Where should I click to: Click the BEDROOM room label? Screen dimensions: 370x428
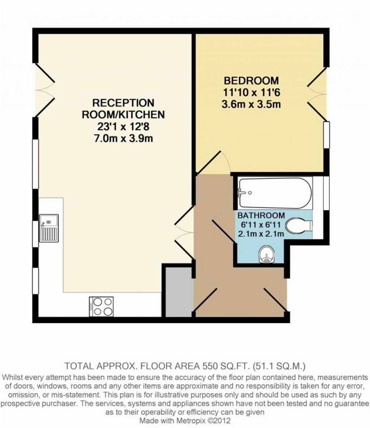(251, 81)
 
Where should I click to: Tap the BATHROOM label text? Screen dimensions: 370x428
(261, 215)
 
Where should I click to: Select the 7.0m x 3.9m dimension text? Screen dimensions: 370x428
(123, 139)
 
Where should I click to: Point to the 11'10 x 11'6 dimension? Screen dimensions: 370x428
(251, 93)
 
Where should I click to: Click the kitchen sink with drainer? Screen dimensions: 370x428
(49, 228)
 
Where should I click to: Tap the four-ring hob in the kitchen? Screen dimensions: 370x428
(101, 306)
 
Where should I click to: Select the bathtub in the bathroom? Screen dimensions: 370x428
(275, 193)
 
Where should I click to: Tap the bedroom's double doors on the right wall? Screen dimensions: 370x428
(317, 94)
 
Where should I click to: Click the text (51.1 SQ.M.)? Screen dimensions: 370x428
(279, 365)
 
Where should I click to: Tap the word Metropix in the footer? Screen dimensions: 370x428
(189, 420)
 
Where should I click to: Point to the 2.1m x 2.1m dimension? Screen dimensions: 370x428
(261, 234)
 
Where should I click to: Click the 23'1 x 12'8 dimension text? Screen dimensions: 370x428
(123, 127)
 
